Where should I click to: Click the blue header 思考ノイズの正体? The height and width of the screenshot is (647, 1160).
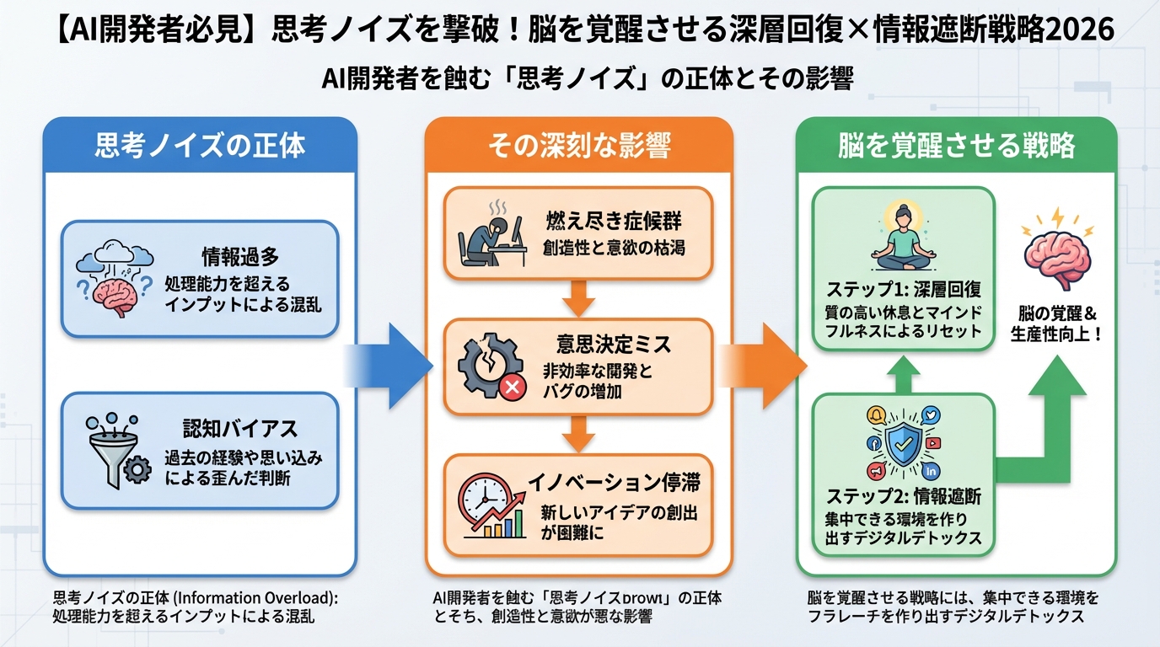pos(200,145)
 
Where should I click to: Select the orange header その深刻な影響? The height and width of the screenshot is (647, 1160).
pos(579,145)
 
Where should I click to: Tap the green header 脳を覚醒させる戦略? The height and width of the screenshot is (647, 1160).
pos(956,145)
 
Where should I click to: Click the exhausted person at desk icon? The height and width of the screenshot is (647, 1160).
pos(484,237)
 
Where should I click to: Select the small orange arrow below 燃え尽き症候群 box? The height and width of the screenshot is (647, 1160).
pos(578,296)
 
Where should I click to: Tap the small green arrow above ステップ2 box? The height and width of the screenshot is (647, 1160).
pos(903,375)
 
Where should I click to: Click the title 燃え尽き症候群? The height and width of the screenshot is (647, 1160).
pos(615,222)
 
